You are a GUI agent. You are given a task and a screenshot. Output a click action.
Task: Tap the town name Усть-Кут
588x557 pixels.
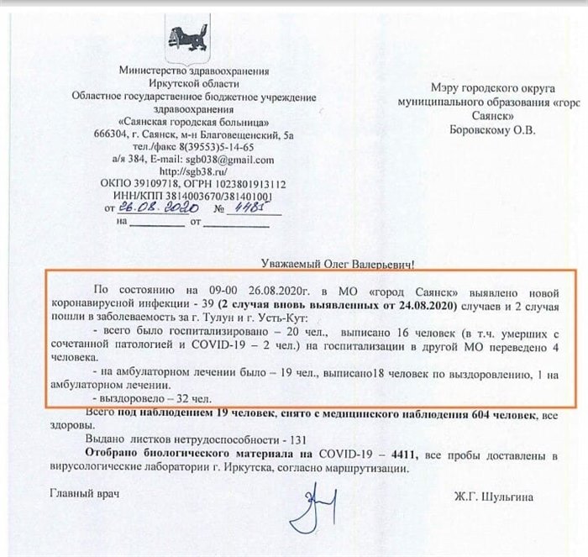(286, 320)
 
